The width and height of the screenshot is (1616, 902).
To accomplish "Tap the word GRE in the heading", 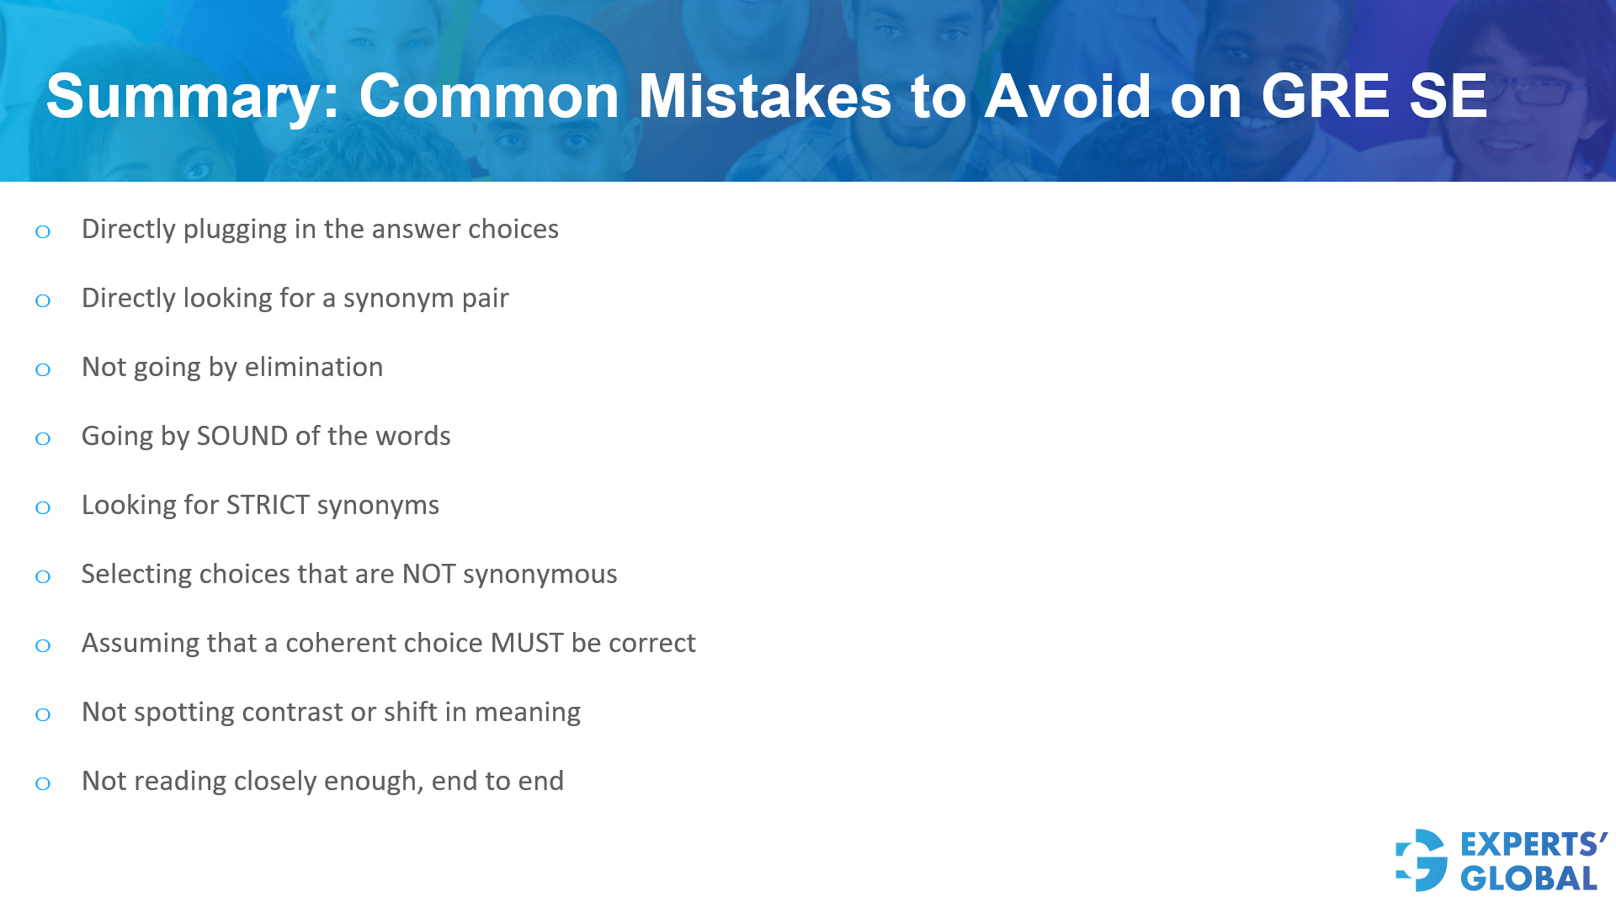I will pyautogui.click(x=1325, y=96).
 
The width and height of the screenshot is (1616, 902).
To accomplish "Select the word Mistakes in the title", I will pyautogui.click(x=764, y=96).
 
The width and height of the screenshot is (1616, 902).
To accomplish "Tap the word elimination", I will pyautogui.click(x=313, y=367).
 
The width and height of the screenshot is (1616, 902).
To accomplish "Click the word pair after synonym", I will pyautogui.click(x=485, y=298).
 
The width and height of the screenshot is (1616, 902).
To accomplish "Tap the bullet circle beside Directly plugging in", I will pyautogui.click(x=43, y=231).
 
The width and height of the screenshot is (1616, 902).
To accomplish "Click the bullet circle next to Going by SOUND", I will pyautogui.click(x=43, y=438).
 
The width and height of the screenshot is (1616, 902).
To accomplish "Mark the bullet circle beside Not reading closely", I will pyautogui.click(x=43, y=783).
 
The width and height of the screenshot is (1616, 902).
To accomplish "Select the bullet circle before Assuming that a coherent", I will pyautogui.click(x=43, y=645).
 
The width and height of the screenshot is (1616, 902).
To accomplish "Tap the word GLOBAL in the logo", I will pyautogui.click(x=1528, y=878).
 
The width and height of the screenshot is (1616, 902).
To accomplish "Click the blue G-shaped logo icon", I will pyautogui.click(x=1422, y=860).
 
